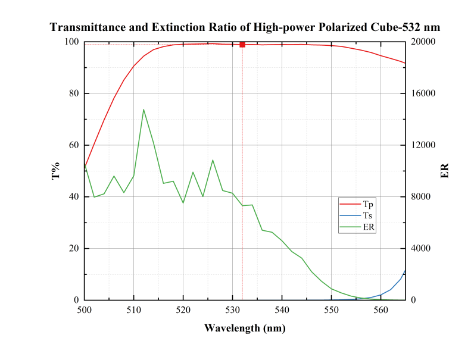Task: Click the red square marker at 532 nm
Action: pos(242,45)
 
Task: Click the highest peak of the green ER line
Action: pos(144,109)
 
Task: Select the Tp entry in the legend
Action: pos(357,204)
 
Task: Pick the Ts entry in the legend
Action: pos(356,215)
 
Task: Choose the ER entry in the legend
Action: pos(357,227)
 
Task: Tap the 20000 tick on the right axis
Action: pos(423,42)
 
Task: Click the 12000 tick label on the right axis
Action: pos(423,145)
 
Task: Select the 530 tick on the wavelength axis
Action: pos(232,310)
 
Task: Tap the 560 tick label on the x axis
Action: pos(381,310)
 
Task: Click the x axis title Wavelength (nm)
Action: pos(245,328)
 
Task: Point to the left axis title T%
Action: pos(56,171)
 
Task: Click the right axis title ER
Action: pos(445,171)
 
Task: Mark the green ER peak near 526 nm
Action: pos(213,160)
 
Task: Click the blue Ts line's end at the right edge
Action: pos(406,271)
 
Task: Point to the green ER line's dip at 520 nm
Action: pos(183,203)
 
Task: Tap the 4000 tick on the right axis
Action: pos(420,248)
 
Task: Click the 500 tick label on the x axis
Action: pos(85,310)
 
